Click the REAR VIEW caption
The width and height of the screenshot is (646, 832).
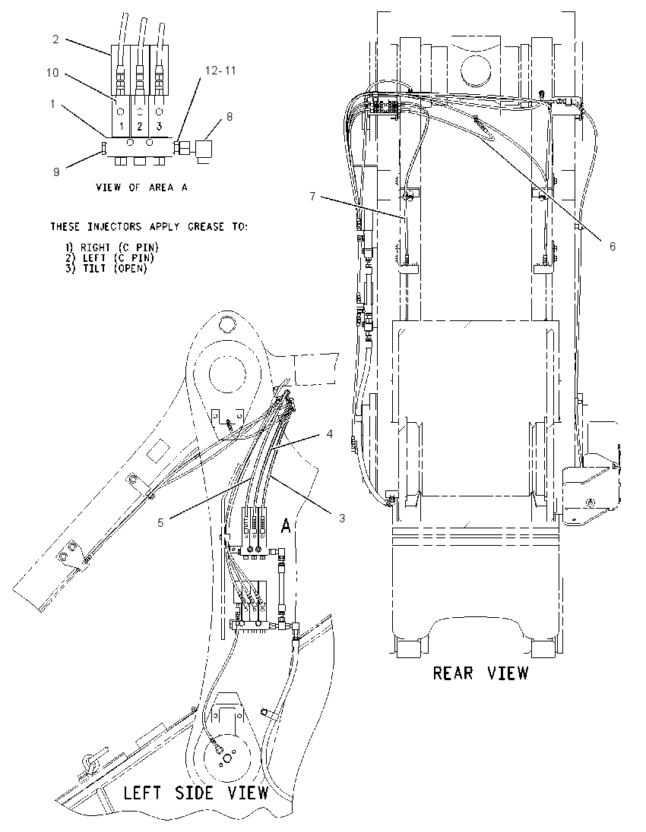[481, 673]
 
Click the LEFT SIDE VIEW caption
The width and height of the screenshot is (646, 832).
[196, 793]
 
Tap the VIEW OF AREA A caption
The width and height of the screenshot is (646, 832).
[141, 188]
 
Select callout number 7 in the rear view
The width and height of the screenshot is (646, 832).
[312, 197]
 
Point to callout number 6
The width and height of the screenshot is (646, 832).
[613, 246]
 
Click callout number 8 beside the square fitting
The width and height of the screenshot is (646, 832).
[230, 117]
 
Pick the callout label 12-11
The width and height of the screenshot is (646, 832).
[220, 71]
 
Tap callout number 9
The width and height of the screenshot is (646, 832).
[56, 172]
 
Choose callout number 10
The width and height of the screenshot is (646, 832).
[52, 72]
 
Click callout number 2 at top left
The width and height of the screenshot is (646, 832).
[55, 39]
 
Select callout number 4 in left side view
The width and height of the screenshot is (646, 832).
[329, 434]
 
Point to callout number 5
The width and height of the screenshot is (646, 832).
[160, 522]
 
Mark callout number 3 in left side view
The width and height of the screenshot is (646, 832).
[342, 518]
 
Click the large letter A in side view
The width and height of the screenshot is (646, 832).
[286, 526]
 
